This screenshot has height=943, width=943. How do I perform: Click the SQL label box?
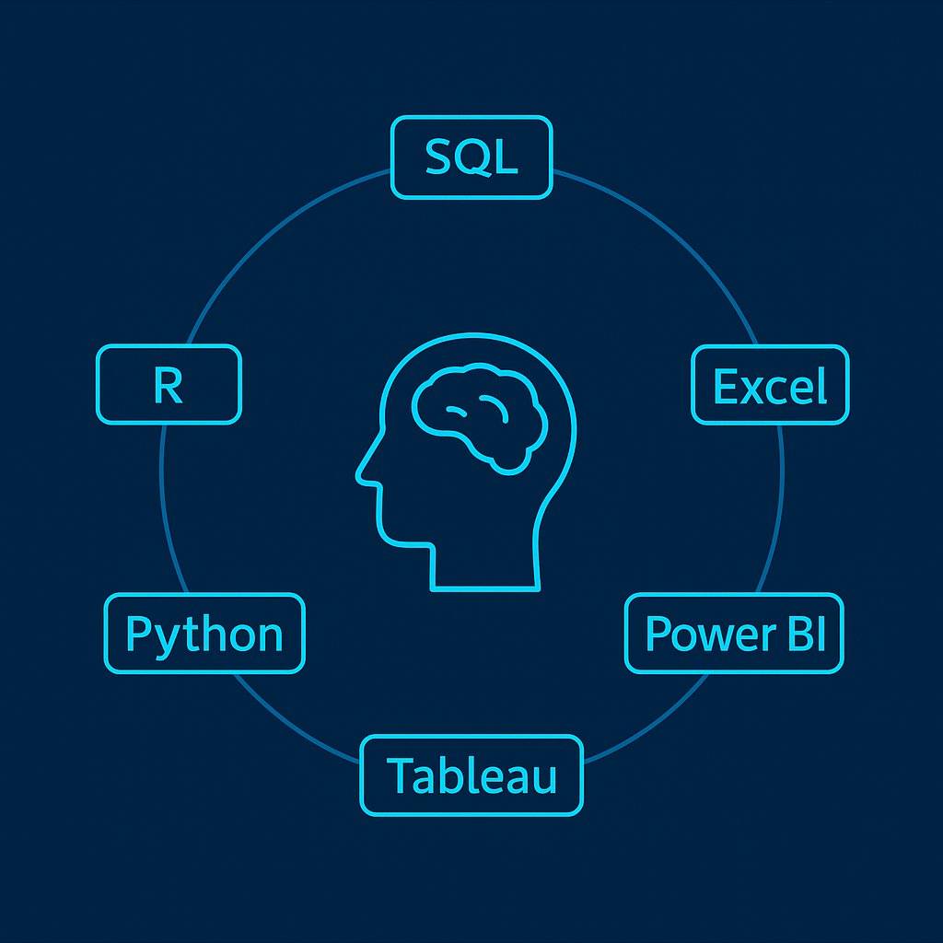[471, 157]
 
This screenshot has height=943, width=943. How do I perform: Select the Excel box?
[770, 385]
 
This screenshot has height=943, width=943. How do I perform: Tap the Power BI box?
[734, 634]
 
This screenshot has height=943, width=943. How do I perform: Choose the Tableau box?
[471, 774]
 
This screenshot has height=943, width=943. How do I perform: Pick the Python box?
[204, 634]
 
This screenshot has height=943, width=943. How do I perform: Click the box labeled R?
[169, 385]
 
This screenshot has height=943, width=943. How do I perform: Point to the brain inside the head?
[479, 414]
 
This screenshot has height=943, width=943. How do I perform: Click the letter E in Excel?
[726, 386]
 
